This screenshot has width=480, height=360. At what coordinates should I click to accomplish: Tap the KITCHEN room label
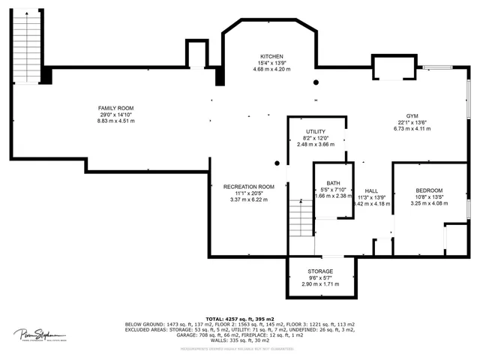[x=271, y=57]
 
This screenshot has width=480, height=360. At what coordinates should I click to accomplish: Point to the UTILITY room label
[x=315, y=131]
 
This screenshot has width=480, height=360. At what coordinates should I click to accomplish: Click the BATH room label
[x=332, y=184]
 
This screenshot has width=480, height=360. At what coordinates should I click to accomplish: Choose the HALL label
[x=371, y=190]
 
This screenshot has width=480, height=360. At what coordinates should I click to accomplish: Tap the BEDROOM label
[x=429, y=190]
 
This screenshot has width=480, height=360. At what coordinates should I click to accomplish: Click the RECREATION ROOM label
[x=249, y=187]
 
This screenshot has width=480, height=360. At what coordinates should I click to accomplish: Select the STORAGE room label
[x=320, y=271]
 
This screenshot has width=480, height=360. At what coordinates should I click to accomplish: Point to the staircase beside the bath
[x=300, y=217]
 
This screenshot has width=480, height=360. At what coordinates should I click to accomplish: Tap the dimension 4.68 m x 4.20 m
[x=271, y=70]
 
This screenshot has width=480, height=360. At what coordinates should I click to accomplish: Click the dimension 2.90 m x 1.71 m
[x=320, y=284]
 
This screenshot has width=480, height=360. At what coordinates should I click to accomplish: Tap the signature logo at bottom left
[x=37, y=334]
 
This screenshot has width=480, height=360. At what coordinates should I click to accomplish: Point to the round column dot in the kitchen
[x=316, y=82]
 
